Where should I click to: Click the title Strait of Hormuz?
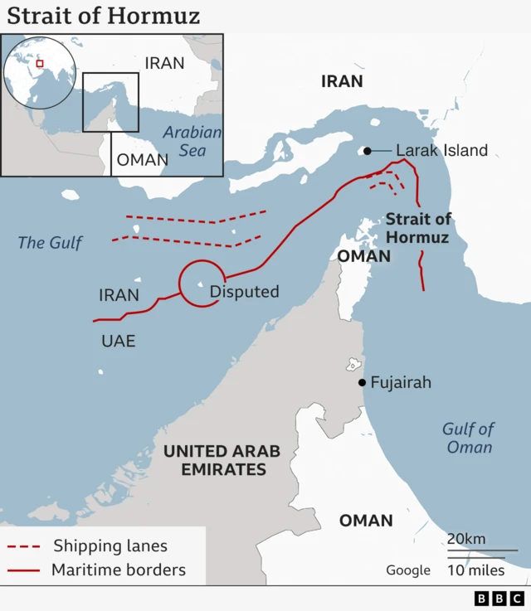click(104, 16)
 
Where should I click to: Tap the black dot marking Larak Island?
click(366, 151)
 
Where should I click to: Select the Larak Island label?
click(441, 151)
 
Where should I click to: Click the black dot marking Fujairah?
click(362, 382)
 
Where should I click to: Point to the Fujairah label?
click(401, 383)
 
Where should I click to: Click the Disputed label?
click(244, 292)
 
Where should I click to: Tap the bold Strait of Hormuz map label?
click(418, 229)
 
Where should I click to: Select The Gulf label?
click(51, 243)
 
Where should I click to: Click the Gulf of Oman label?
click(468, 438)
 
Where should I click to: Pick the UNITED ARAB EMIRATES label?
click(222, 460)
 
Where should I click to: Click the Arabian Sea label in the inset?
click(192, 141)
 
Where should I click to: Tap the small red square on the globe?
click(39, 64)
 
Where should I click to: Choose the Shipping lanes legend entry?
click(110, 546)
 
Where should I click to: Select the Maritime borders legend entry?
click(119, 570)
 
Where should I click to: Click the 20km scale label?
click(466, 539)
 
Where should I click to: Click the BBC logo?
click(499, 599)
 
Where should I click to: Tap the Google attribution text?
click(408, 570)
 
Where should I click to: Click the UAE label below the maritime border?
click(118, 341)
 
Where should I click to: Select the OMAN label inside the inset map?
click(143, 160)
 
